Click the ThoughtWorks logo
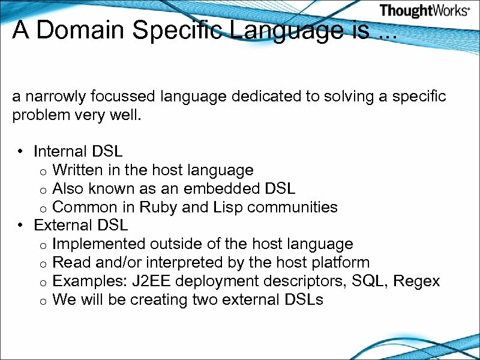click(424, 10)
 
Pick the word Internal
click(60, 151)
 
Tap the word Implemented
click(99, 244)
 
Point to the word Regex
click(418, 281)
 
